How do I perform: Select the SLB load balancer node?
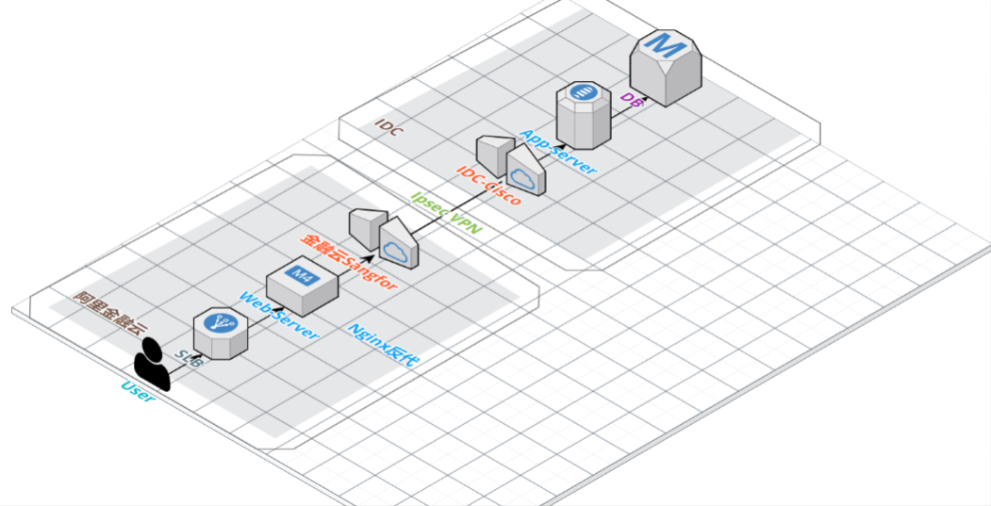point(220,333)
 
